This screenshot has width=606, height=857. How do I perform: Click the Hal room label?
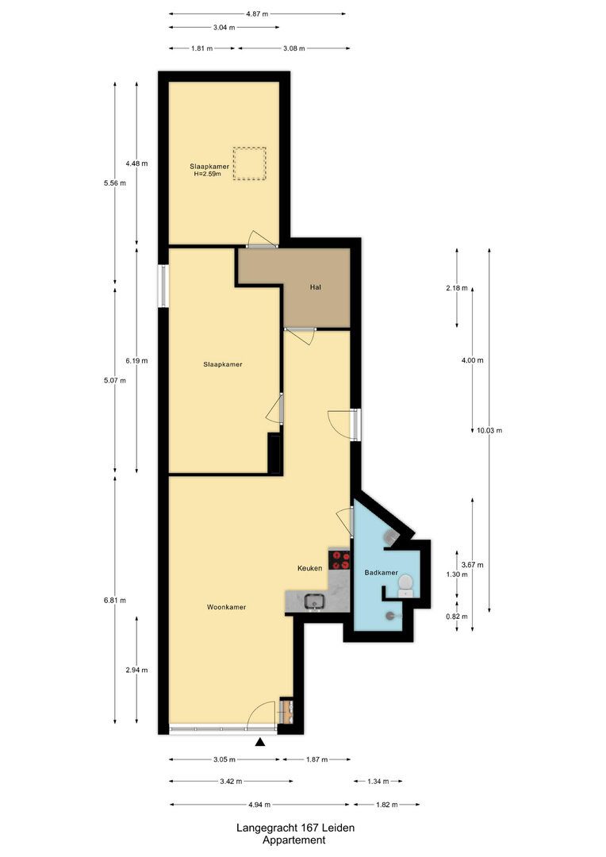[x=316, y=287]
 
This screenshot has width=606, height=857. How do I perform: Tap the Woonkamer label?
[x=226, y=607]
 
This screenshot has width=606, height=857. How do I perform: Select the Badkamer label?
[x=381, y=572]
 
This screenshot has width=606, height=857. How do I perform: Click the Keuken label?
[x=309, y=568]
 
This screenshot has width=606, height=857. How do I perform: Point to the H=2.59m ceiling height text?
[x=207, y=174]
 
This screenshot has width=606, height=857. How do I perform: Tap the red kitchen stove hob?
[x=339, y=559]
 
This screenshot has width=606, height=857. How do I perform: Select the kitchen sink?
[x=315, y=601]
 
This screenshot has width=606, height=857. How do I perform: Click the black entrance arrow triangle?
[x=260, y=742]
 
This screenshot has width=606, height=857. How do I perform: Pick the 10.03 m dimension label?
[x=489, y=430]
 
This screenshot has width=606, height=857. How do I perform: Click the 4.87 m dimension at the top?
[x=257, y=13]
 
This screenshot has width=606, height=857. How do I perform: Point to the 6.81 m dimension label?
[x=115, y=600]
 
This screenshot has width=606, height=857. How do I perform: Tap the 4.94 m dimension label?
[x=259, y=805]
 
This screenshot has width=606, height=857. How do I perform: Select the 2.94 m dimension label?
[x=136, y=670]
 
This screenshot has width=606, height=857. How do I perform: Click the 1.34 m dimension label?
[x=378, y=781]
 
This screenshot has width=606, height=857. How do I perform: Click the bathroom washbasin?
[x=405, y=583]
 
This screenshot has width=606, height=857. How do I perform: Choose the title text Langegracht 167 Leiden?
[x=295, y=828]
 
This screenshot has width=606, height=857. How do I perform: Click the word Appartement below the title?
[x=294, y=840]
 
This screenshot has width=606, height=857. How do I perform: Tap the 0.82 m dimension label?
[x=457, y=617]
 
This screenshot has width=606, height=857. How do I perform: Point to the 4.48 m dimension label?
[x=136, y=163]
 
